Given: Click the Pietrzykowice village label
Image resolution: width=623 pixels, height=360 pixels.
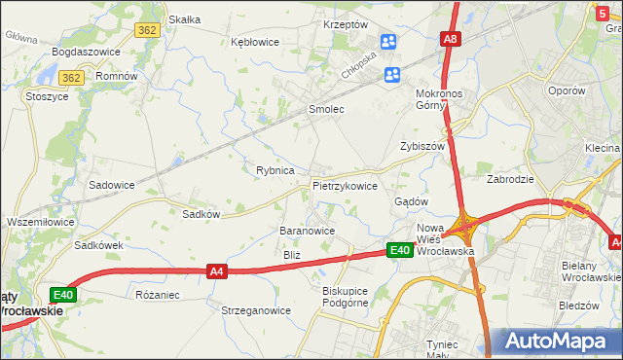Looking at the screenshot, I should pos(345,185).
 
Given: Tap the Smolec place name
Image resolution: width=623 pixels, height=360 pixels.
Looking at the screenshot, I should pos(326,110).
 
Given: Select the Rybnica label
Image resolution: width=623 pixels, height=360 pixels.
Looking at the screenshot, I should pos(275,170).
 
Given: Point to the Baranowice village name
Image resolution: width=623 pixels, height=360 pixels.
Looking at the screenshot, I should pos(307,231).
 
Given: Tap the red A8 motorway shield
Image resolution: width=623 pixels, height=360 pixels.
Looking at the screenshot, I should pos(450,40).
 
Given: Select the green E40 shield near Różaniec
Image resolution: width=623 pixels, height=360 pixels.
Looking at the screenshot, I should pos(63,294).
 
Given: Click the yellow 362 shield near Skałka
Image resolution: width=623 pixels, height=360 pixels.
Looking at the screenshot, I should pos(148,30).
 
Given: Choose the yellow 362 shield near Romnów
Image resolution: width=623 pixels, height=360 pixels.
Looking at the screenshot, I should pos(70,77).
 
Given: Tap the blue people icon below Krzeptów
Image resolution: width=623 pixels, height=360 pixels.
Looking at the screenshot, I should pos(388,42).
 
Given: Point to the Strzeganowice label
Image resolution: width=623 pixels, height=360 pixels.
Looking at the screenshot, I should pos(256,311).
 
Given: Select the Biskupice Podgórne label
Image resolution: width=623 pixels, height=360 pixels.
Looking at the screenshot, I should pos(346,296).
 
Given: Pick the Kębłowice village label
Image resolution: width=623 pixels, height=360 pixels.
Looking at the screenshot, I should pos(255,43).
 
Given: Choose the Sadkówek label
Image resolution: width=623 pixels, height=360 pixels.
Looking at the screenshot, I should pos(98,246).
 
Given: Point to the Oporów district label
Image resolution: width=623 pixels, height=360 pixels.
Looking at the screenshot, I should pos(566,90).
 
